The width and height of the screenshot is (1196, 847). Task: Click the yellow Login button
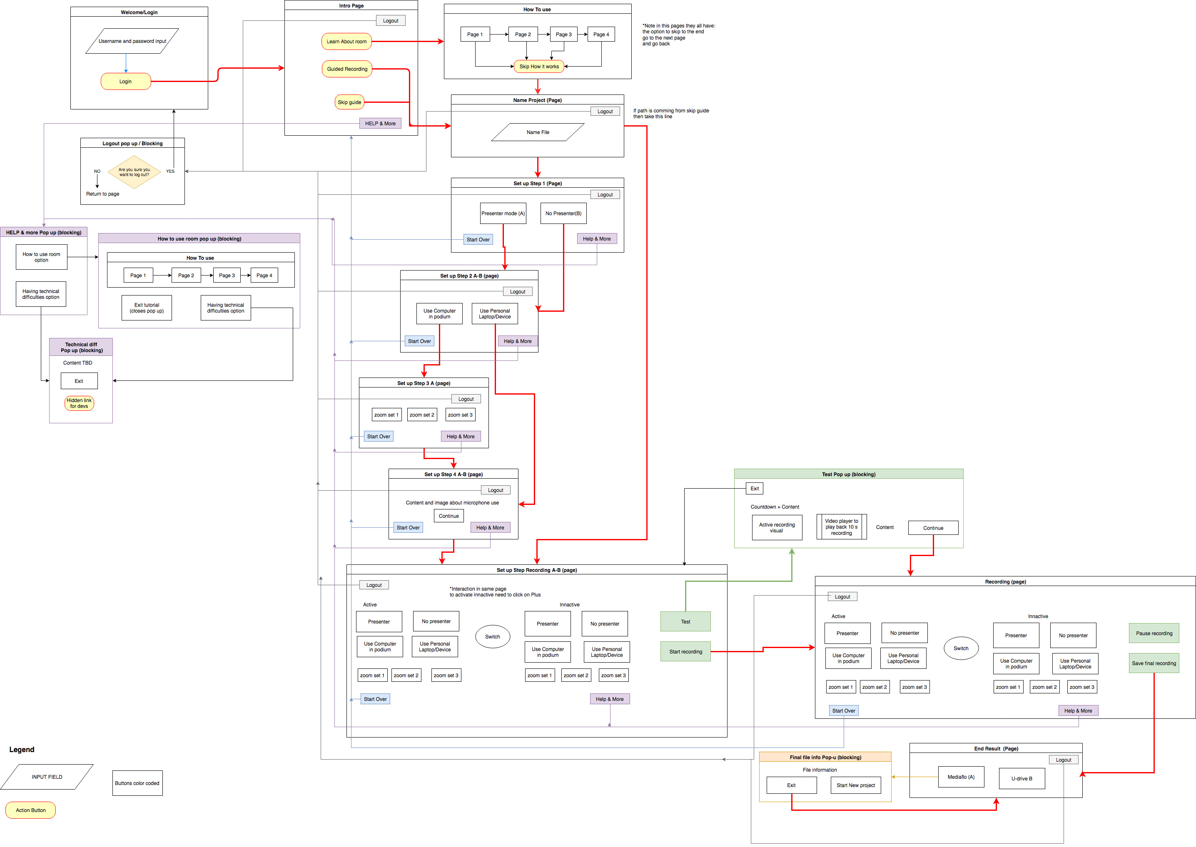coord(126,81)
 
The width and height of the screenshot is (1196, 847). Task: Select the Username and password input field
coord(132,41)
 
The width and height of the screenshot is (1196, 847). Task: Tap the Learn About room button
coord(346,41)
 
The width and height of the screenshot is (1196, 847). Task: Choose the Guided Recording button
coord(347,69)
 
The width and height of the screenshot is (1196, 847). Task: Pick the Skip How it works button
coord(539,66)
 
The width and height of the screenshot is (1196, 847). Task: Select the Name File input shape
coord(538,132)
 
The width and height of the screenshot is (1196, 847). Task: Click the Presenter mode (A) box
coord(503,214)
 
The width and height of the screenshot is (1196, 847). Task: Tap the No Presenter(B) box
coord(563,214)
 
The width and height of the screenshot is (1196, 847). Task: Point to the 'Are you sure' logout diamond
coord(134,172)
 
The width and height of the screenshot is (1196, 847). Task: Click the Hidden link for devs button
coord(79,403)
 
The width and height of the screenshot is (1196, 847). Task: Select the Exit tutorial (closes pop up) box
coord(147,308)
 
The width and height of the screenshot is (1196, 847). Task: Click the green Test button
coord(686,622)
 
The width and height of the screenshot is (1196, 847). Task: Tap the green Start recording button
coord(686,651)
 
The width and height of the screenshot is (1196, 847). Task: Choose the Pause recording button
coord(1154,633)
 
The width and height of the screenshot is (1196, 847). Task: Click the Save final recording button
coord(1154,663)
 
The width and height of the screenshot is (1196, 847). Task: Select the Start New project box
coord(856,785)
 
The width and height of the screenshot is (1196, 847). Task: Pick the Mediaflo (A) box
coord(961,777)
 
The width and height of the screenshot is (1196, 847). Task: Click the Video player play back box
coord(842,527)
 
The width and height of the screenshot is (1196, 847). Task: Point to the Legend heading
coord(22,750)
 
